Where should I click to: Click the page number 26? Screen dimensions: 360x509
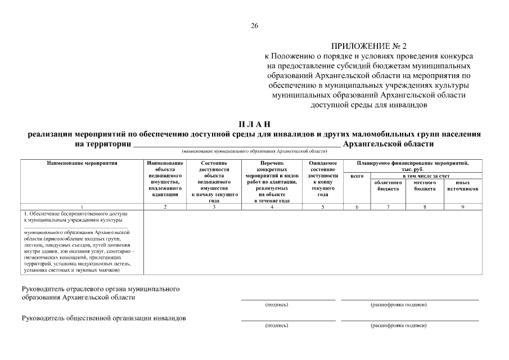tap(254, 26)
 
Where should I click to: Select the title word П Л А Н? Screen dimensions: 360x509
tap(254, 124)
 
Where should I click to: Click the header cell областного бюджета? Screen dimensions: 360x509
tap(388, 186)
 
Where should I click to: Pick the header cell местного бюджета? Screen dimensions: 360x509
tap(425, 186)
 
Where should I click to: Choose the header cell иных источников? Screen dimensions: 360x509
tap(463, 186)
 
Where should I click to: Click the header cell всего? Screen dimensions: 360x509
tap(357, 176)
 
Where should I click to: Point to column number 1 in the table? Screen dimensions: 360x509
tap(83, 207)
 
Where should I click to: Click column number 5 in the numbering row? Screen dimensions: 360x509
tap(323, 207)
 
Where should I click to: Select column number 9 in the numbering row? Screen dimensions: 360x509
tap(463, 207)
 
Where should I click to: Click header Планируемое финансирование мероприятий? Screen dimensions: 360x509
tap(413, 163)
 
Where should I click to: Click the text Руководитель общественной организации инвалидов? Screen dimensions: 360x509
tap(103, 318)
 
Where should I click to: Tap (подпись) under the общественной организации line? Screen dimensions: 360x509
tap(277, 325)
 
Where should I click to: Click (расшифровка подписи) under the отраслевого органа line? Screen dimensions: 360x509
tap(398, 304)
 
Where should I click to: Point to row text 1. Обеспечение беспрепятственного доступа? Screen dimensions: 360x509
tap(76, 214)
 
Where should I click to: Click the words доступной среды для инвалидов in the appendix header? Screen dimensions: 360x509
tap(368, 104)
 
